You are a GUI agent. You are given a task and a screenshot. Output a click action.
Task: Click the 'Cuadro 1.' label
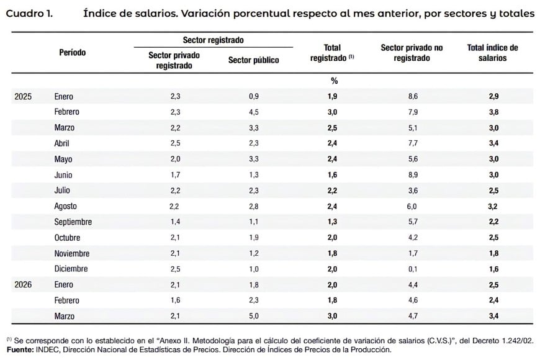(29, 14)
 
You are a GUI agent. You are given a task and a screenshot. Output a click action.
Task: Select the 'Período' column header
(73, 52)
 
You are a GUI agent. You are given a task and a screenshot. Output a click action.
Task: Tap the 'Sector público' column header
(253, 60)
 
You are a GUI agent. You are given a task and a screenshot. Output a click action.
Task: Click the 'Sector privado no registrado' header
(412, 53)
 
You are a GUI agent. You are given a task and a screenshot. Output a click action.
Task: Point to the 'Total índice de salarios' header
(492, 53)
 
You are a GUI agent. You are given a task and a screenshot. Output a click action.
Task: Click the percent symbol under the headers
(334, 81)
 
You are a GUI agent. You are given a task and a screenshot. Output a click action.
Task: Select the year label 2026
(23, 284)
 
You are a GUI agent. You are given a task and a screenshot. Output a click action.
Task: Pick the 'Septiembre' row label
(73, 222)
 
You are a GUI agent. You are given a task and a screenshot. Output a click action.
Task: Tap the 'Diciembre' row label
(71, 269)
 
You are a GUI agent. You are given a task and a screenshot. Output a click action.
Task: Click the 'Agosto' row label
(65, 206)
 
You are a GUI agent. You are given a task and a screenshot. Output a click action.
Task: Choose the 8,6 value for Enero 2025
(413, 96)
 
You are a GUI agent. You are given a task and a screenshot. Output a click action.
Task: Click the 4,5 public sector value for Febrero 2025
(254, 112)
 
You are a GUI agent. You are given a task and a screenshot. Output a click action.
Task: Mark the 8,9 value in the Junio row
(413, 175)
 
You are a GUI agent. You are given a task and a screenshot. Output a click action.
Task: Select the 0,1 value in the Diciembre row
(413, 269)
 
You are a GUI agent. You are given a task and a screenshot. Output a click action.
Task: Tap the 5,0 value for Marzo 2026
(254, 316)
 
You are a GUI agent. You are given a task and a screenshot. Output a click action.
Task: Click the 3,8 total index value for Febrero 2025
(493, 112)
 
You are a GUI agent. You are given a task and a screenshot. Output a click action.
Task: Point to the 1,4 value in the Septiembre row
(175, 222)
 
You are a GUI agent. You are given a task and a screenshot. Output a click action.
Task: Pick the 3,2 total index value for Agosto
(493, 206)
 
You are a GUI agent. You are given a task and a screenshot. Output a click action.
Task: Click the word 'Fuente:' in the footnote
(20, 349)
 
